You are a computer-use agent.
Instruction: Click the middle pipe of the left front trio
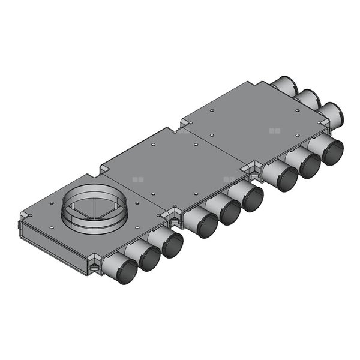pyautogui.click(x=148, y=259)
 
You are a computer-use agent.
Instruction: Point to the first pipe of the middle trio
pyautogui.click(x=205, y=225)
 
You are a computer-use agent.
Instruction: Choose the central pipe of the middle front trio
pyautogui.click(x=229, y=211)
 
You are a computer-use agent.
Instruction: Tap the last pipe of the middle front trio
pyautogui.click(x=251, y=198)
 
